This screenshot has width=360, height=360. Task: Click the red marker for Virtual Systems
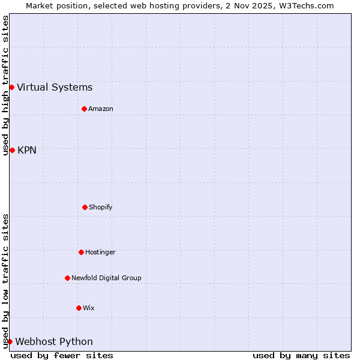pos(11,88)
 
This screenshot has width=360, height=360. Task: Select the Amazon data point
pos(84,109)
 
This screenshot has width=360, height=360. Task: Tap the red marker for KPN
pos(12,150)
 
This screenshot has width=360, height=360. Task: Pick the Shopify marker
pos(85,207)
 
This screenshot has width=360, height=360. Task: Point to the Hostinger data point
pos(81,252)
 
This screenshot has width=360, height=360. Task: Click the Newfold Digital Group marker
pos(67,278)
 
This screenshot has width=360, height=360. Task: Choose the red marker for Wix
pos(79,308)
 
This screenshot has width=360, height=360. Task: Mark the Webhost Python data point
pos(10,341)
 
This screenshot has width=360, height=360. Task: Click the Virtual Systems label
pos(55,88)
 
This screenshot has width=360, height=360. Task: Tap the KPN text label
pos(27,150)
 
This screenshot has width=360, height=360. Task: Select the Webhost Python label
pos(54,341)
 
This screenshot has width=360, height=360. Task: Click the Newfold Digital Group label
pos(106,278)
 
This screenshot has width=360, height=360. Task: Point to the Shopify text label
pos(100,207)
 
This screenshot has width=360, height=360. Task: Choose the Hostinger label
pos(100,252)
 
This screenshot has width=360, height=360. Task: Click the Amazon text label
pos(100,109)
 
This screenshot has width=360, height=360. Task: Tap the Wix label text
pos(88,308)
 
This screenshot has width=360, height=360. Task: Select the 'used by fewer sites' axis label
pos(62,355)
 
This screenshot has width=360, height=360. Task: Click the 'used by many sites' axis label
pos(301,355)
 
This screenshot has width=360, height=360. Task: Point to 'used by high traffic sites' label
pos(5,85)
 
